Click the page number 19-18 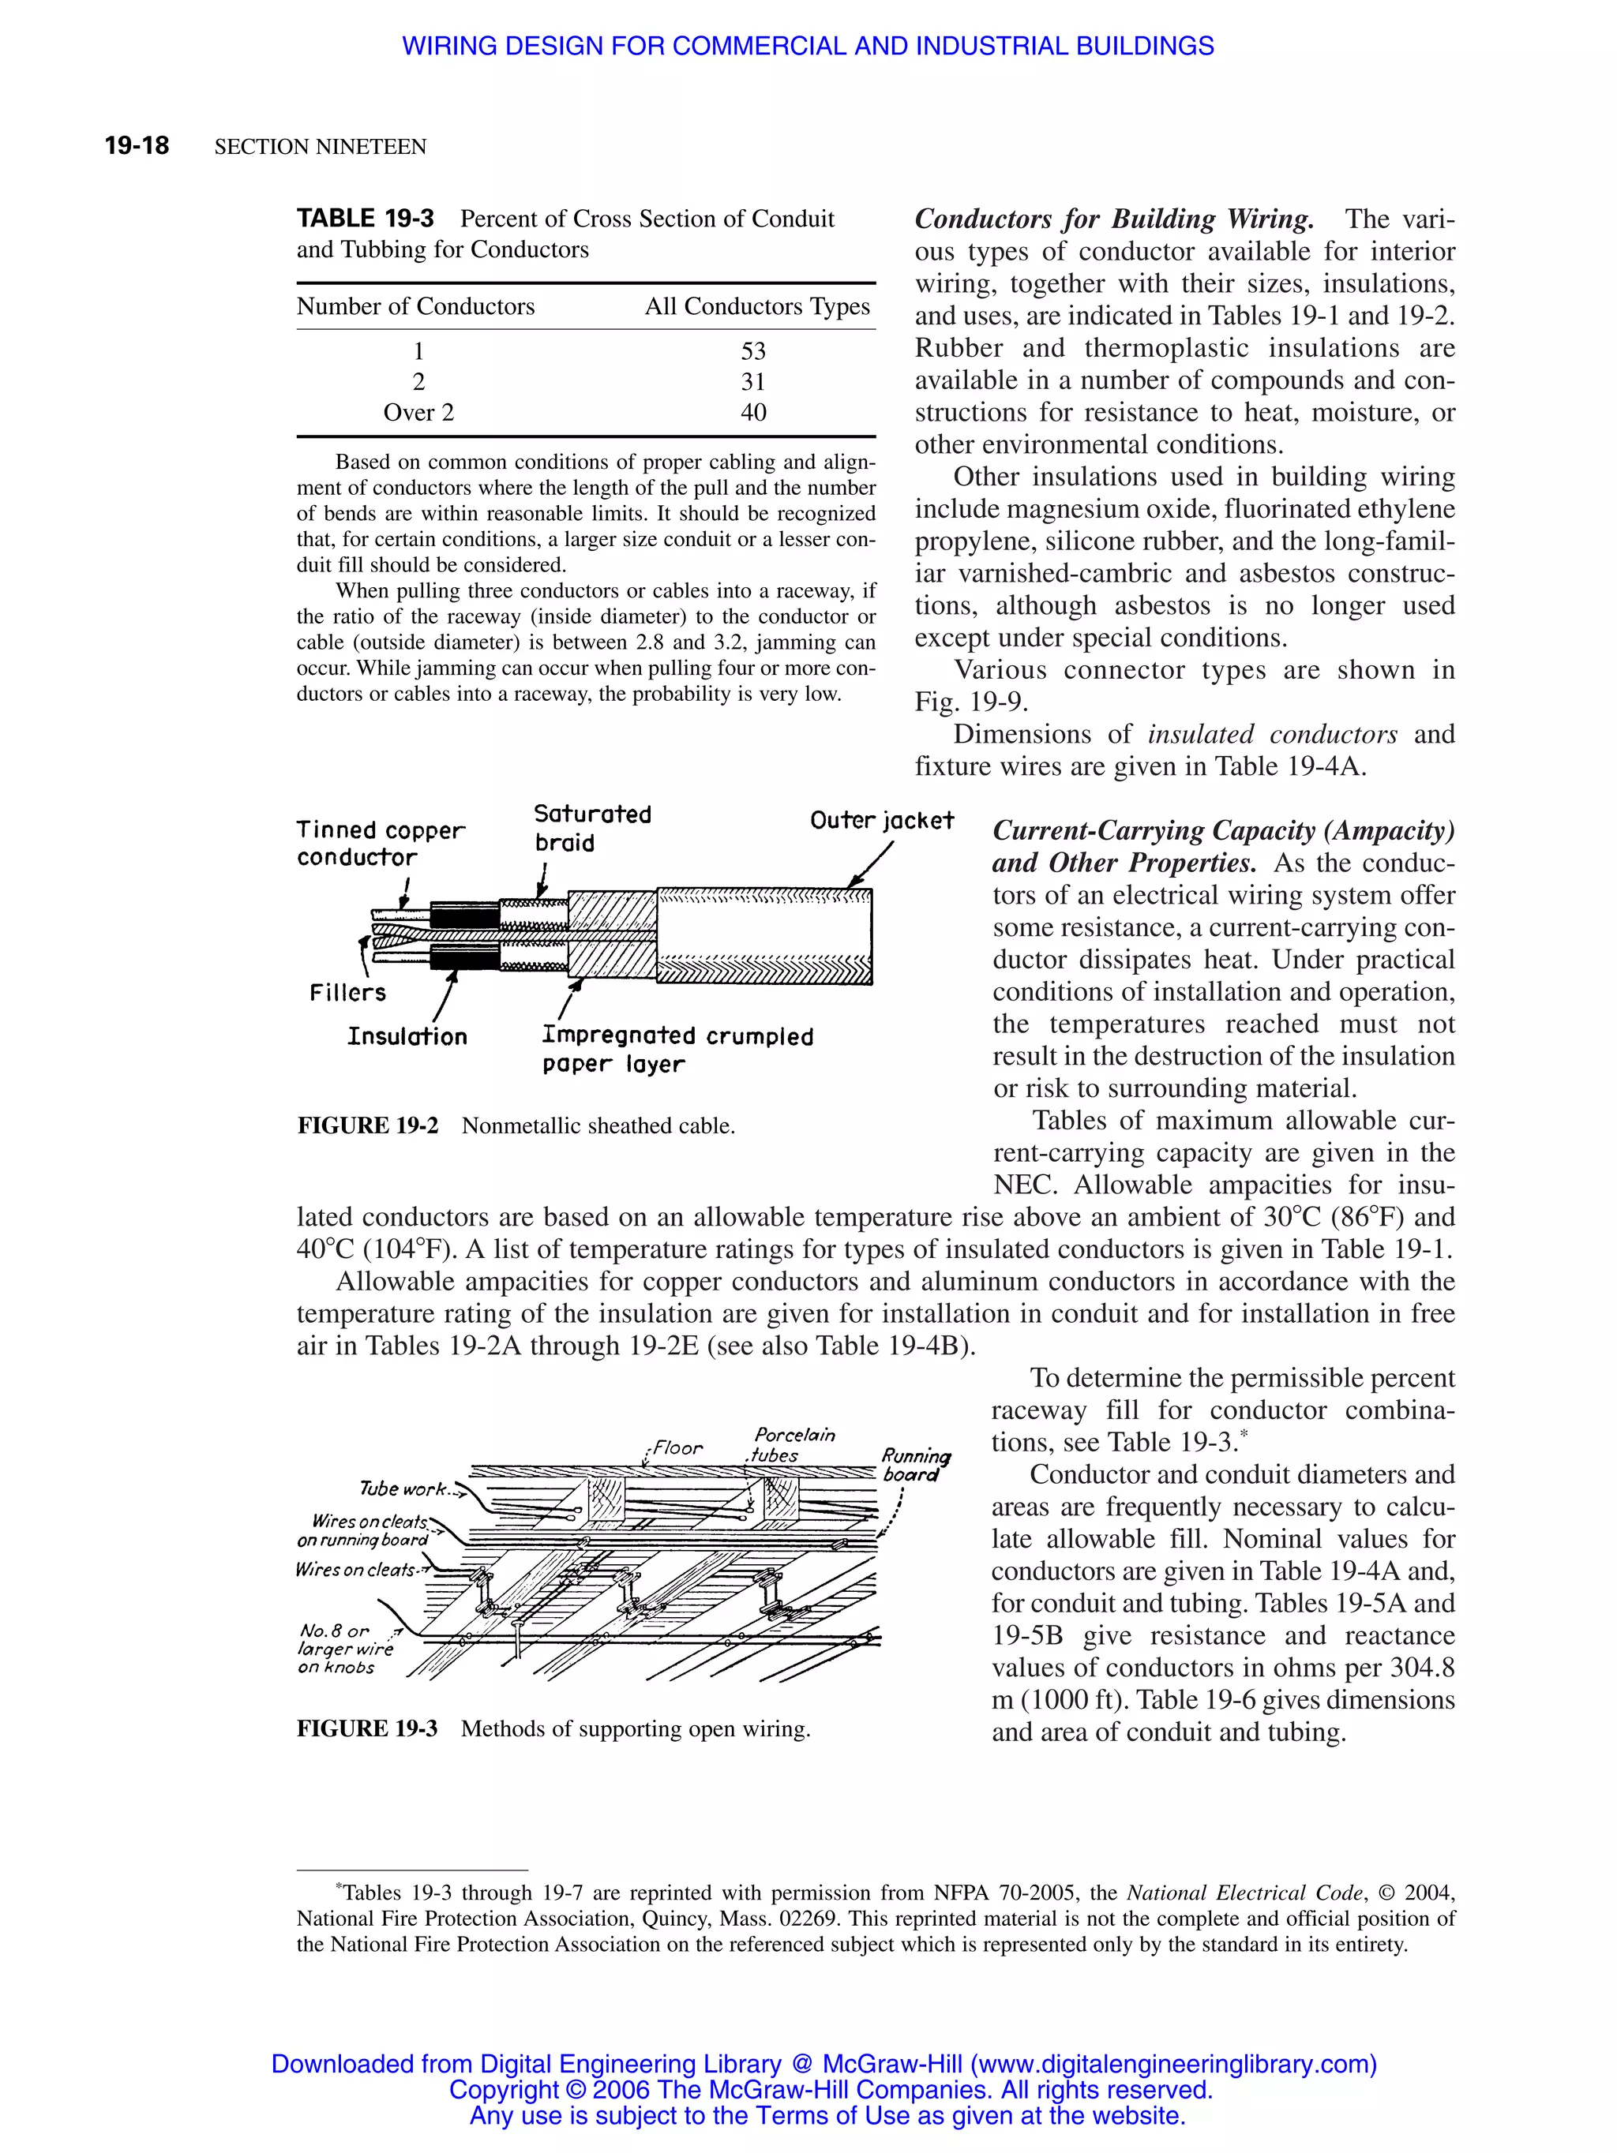(x=137, y=146)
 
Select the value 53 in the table (x=752, y=350)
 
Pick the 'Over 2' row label (x=418, y=412)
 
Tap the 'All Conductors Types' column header (x=756, y=306)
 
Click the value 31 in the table (x=752, y=381)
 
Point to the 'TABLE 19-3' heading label (x=365, y=218)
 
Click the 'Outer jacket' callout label (x=881, y=821)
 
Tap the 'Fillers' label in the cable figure (x=347, y=993)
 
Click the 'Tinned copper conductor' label (x=380, y=843)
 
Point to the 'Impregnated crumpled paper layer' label (x=677, y=1049)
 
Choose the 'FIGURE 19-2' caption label (x=367, y=1126)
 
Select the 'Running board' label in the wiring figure (x=914, y=1465)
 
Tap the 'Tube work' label (x=402, y=1489)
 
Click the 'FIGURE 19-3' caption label (x=367, y=1728)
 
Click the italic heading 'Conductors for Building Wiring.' (x=1114, y=219)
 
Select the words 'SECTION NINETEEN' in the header (x=321, y=147)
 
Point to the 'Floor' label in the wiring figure (x=677, y=1447)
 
